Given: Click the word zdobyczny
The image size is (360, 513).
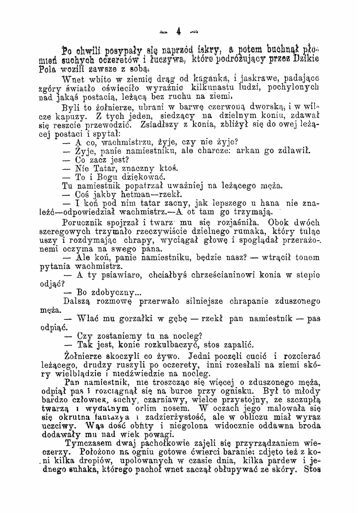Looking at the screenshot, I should coord(112,292).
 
